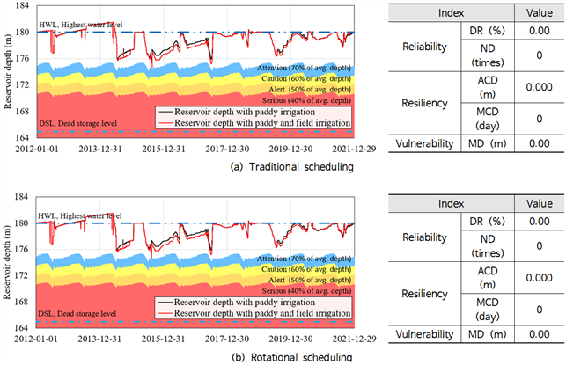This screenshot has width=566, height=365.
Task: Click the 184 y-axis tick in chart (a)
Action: (22, 6)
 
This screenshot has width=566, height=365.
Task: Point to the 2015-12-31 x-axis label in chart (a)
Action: (163, 149)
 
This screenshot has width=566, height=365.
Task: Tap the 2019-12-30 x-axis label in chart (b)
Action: (290, 339)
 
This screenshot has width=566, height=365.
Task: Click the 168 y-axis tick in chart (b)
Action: (22, 302)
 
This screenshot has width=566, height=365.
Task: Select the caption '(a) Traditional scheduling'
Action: (291, 167)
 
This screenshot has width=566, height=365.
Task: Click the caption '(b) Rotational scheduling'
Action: (291, 357)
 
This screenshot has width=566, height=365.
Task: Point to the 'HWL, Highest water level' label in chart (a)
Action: (80, 25)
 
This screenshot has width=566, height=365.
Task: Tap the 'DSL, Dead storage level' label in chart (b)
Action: (77, 314)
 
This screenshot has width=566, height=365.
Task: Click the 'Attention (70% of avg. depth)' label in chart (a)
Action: (304, 68)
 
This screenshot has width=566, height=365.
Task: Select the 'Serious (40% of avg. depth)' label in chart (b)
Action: (306, 291)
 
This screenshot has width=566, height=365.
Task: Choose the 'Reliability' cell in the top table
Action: (424, 47)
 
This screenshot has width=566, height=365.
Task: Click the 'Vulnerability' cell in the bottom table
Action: (424, 334)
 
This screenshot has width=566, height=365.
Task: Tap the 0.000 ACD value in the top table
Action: (540, 87)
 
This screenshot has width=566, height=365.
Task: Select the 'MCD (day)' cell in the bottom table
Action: (488, 310)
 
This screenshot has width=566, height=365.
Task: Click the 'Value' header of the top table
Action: (540, 13)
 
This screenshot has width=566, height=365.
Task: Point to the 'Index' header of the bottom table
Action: (451, 204)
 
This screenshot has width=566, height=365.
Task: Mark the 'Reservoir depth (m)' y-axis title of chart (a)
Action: (8, 71)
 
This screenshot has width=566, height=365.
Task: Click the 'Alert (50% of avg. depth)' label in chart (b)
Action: (309, 280)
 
